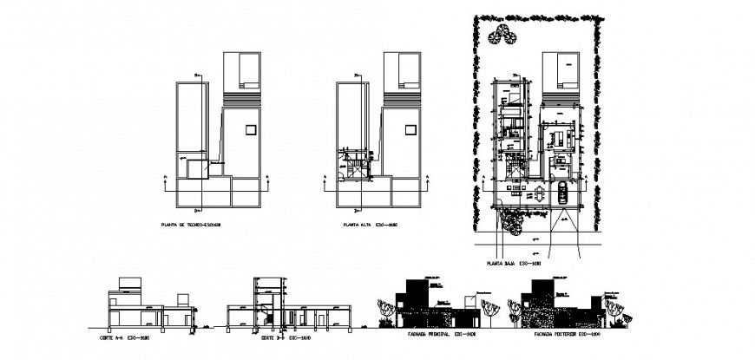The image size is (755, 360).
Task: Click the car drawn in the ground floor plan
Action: point(561,193)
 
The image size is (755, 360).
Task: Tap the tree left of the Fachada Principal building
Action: point(384,311)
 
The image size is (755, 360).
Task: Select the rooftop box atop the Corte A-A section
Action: point(128,283)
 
